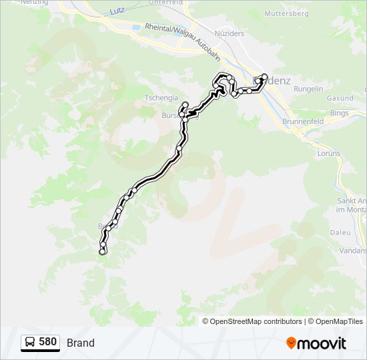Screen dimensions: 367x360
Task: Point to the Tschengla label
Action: pyautogui.click(x=160, y=97)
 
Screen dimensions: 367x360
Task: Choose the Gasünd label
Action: pyautogui.click(x=340, y=98)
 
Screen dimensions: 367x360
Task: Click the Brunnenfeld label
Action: pyautogui.click(x=303, y=123)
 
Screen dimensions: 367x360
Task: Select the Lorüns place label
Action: pyautogui.click(x=329, y=153)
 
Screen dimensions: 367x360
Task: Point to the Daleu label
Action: pyautogui.click(x=340, y=233)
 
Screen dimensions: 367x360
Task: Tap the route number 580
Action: pyautogui.click(x=47, y=342)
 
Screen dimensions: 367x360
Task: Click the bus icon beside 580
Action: pyautogui.click(x=30, y=343)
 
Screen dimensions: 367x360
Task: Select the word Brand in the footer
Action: pyautogui.click(x=81, y=343)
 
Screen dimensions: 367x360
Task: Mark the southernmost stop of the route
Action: pyautogui.click(x=102, y=252)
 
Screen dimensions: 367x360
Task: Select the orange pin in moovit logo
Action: pyautogui.click(x=291, y=343)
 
